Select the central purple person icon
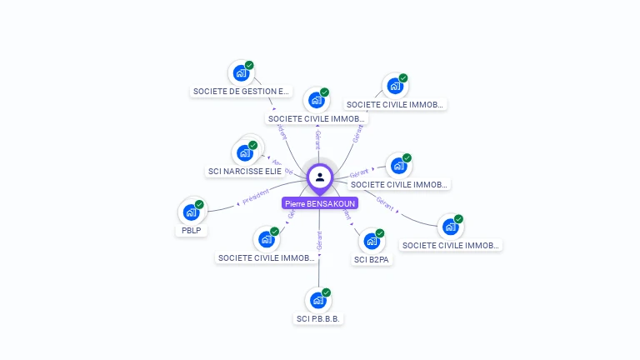click(320, 177)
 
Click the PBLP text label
click(192, 231)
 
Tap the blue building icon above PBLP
click(191, 212)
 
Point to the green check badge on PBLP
click(199, 204)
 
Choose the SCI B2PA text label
click(372, 260)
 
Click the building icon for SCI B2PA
click(372, 241)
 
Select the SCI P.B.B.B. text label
click(320, 318)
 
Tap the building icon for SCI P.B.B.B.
click(317, 300)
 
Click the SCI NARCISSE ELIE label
click(245, 172)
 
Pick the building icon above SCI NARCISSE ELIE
click(244, 152)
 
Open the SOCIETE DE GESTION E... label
click(241, 92)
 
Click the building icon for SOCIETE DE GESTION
click(241, 72)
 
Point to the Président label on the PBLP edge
click(256, 197)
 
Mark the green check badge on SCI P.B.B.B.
click(327, 292)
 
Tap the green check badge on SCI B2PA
click(380, 233)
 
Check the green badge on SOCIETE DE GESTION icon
click(249, 65)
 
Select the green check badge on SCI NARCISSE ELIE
click(252, 145)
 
